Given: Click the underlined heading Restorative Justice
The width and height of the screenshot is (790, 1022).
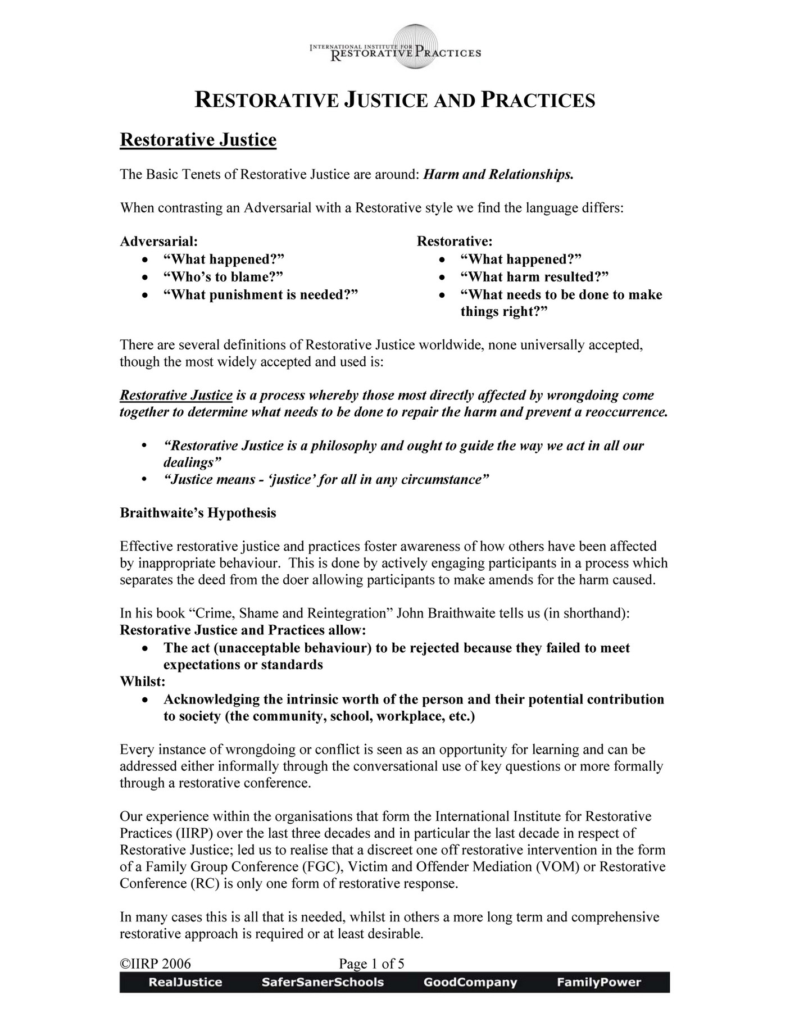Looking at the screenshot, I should (x=198, y=139).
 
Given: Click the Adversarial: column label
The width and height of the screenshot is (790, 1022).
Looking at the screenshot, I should (x=159, y=242).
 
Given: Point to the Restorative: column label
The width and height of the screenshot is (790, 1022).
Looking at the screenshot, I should (x=455, y=242).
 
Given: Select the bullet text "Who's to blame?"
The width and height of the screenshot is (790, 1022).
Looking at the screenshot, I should (x=223, y=276).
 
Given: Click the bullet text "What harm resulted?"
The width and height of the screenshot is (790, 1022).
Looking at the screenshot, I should (x=534, y=276).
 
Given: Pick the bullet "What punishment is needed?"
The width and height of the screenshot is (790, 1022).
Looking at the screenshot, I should (x=261, y=294).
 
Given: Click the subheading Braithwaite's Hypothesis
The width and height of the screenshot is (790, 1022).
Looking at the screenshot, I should (x=198, y=513).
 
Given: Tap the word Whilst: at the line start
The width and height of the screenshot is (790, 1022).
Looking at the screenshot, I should (x=143, y=682).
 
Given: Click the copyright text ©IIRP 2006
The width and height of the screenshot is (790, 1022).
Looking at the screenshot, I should (x=156, y=964).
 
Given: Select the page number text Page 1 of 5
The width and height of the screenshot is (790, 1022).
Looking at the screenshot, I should (x=371, y=964).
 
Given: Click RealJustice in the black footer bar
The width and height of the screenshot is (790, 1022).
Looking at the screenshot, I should (x=185, y=983).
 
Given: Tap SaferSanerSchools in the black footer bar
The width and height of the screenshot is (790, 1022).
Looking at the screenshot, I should (x=323, y=983).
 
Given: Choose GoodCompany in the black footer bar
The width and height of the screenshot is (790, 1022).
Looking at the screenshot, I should (x=470, y=983).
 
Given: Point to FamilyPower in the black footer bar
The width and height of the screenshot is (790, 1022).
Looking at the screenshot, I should (x=599, y=983).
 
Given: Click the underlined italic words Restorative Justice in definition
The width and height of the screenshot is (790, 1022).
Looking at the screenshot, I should (x=176, y=396).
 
